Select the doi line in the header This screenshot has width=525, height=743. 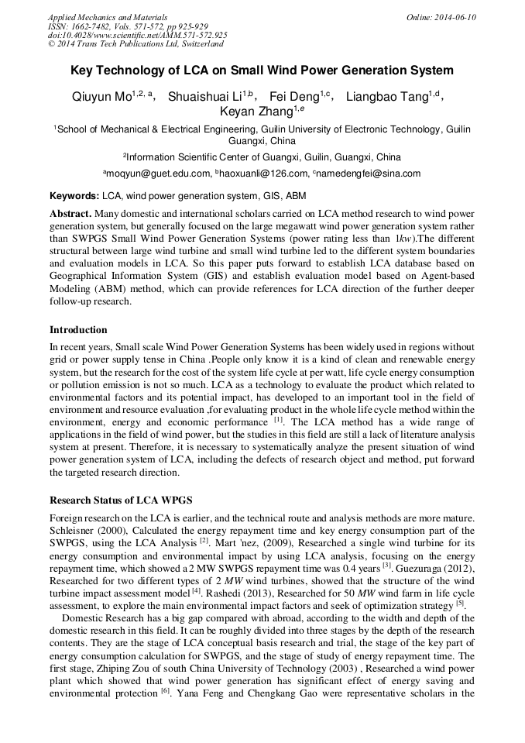(x=137, y=36)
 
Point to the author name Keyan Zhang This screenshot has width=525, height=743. (x=252, y=112)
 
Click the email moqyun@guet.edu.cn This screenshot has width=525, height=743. (x=158, y=174)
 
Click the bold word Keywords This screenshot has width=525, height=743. (x=74, y=196)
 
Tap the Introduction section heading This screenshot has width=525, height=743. (x=78, y=330)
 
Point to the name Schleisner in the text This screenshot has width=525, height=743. (x=73, y=529)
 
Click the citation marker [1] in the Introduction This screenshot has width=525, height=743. (x=278, y=420)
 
